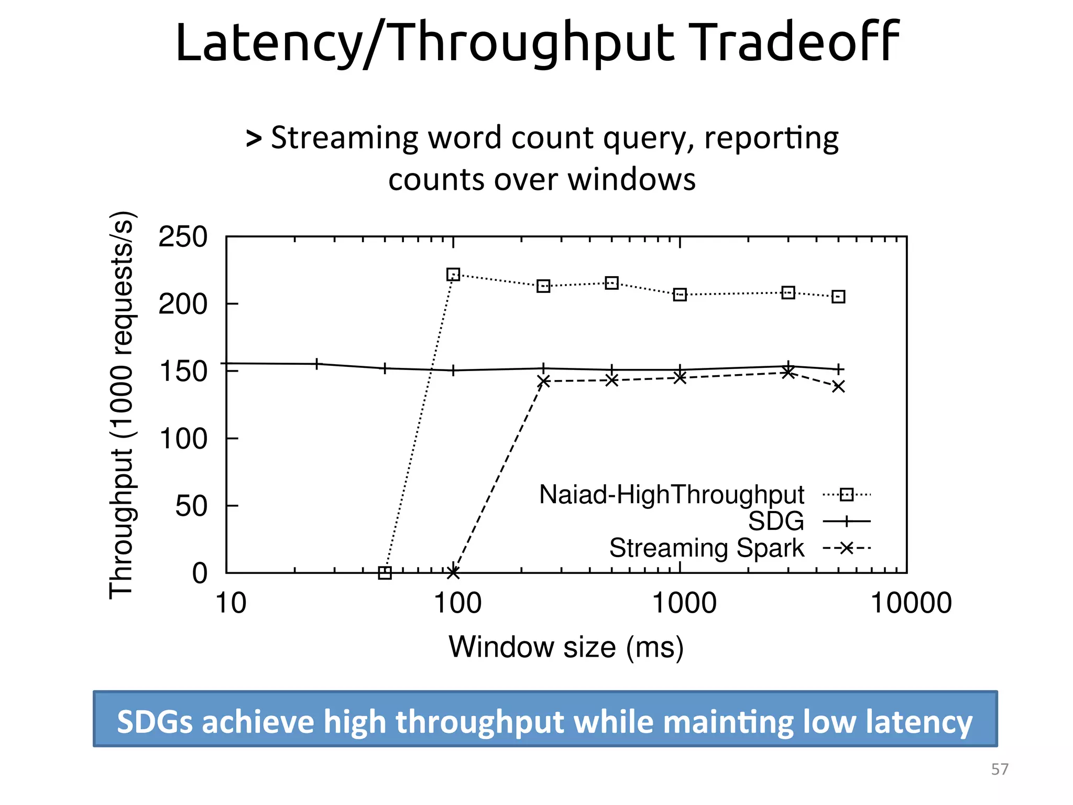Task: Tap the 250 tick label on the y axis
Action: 183,237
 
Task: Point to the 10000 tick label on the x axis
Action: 911,603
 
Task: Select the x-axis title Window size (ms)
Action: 566,647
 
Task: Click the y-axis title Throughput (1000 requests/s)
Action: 122,405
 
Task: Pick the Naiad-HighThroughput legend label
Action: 671,494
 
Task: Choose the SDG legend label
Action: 775,521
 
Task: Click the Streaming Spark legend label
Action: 706,548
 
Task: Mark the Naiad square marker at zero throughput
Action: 385,573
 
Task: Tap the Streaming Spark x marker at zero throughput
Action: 453,573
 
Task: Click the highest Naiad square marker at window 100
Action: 453,275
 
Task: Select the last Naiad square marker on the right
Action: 838,297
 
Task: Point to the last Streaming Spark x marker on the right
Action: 838,387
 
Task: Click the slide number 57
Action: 1000,769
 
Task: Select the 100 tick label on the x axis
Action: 457,603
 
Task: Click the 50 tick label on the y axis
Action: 191,506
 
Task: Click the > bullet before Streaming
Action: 254,138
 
